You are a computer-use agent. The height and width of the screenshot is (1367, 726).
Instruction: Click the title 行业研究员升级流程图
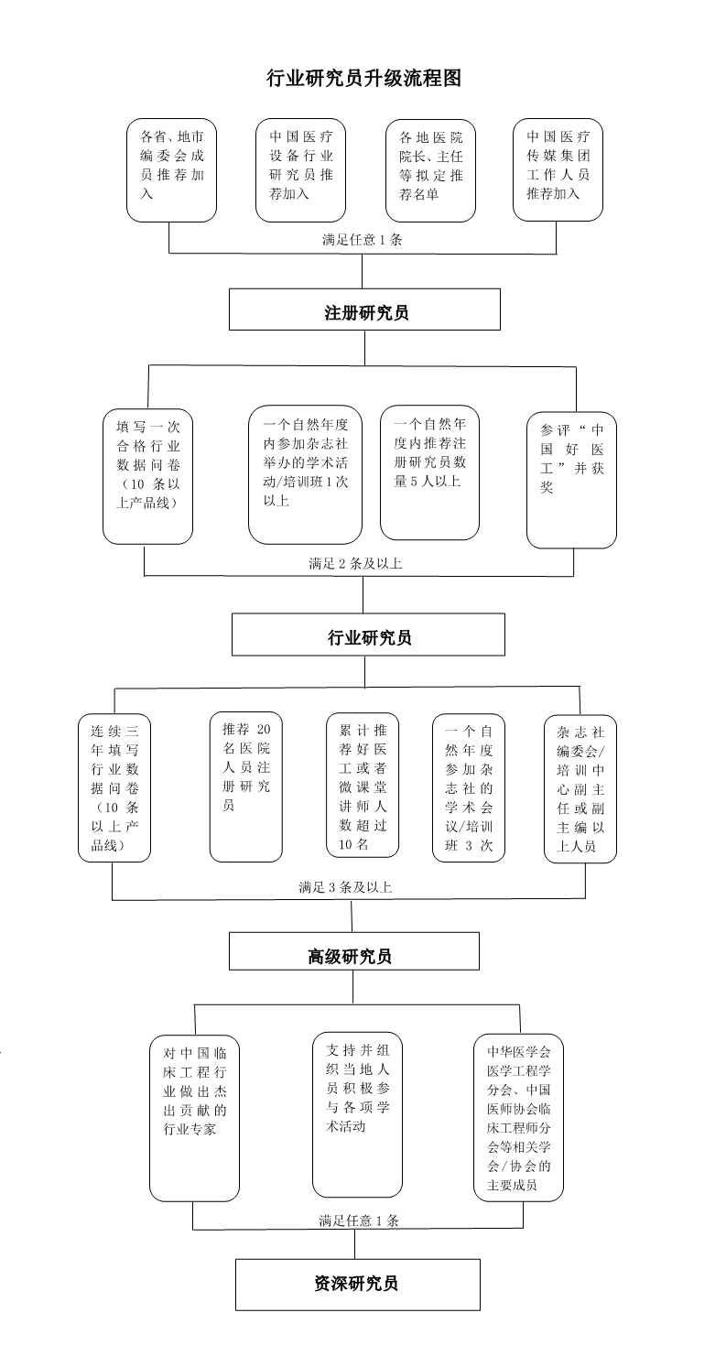pyautogui.click(x=363, y=78)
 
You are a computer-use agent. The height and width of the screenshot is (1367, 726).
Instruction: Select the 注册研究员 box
pyautogui.click(x=364, y=309)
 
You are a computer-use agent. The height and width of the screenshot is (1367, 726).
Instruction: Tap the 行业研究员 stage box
pyautogui.click(x=368, y=635)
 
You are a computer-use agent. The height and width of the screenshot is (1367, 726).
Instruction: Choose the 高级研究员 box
pyautogui.click(x=353, y=952)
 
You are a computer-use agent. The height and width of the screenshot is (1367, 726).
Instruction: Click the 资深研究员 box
pyautogui.click(x=358, y=1285)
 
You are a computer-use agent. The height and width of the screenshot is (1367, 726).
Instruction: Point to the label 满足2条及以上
pyautogui.click(x=355, y=564)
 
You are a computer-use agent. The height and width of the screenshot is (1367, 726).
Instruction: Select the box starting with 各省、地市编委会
pyautogui.click(x=172, y=170)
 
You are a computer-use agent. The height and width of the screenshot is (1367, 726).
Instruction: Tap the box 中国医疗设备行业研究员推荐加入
pyautogui.click(x=301, y=170)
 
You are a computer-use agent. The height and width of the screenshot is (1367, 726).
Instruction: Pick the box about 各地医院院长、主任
pyautogui.click(x=430, y=170)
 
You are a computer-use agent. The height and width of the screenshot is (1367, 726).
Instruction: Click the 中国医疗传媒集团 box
pyautogui.click(x=558, y=170)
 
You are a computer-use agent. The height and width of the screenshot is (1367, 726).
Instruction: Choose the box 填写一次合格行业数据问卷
pyautogui.click(x=147, y=477)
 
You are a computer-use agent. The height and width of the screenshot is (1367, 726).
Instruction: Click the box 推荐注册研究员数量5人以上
pyautogui.click(x=430, y=472)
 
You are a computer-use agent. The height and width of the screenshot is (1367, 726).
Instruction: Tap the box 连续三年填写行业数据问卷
pyautogui.click(x=114, y=787)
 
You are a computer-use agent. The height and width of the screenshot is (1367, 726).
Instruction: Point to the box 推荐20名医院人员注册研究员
pyautogui.click(x=245, y=787)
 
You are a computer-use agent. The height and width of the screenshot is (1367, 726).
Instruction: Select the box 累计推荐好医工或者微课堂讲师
pyautogui.click(x=363, y=786)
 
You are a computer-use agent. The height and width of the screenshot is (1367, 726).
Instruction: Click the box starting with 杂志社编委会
pyautogui.click(x=580, y=788)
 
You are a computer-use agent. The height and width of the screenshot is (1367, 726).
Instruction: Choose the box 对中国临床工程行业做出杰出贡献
pyautogui.click(x=194, y=1117)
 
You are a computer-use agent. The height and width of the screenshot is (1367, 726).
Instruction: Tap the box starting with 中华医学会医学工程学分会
pyautogui.click(x=518, y=1117)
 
